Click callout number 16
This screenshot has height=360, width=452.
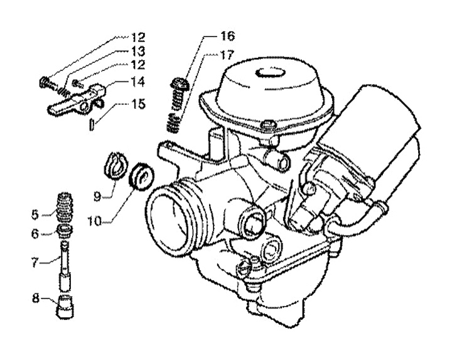228,36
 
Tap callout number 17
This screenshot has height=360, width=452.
227,55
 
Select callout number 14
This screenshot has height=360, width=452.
138,82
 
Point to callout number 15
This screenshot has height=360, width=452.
138,104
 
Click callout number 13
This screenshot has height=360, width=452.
138,52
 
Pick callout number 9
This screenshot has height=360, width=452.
97,197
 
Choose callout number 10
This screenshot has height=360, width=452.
95,221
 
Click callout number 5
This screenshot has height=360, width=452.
35,215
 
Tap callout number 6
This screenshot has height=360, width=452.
35,234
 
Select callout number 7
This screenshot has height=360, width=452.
35,263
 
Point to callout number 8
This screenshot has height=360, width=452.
35,298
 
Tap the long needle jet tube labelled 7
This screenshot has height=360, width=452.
65,266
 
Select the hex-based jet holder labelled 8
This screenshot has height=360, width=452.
65,307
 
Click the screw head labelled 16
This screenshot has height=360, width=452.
179,84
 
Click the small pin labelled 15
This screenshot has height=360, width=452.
92,124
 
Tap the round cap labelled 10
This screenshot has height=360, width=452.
141,177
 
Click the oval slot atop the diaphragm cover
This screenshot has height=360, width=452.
271,73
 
